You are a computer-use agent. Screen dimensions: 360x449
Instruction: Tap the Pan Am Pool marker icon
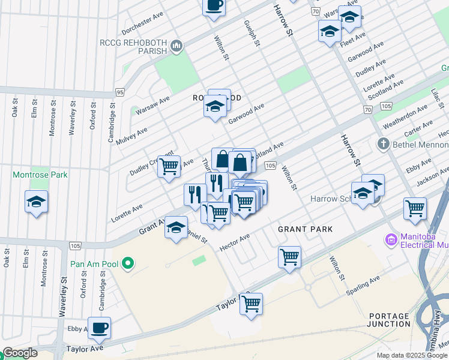tap(127, 263)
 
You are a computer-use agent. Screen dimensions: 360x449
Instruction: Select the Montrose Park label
tap(40, 175)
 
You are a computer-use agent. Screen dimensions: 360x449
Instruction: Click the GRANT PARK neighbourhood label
tap(305, 229)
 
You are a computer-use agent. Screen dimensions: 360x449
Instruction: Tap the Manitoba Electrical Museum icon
tap(391, 240)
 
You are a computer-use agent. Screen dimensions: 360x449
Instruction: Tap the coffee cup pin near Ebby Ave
tap(100, 327)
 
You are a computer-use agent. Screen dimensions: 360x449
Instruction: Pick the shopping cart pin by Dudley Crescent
tap(169, 166)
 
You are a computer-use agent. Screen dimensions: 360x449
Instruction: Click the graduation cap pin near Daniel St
tap(176, 227)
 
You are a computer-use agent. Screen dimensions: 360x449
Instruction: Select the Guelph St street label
tap(252, 33)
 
